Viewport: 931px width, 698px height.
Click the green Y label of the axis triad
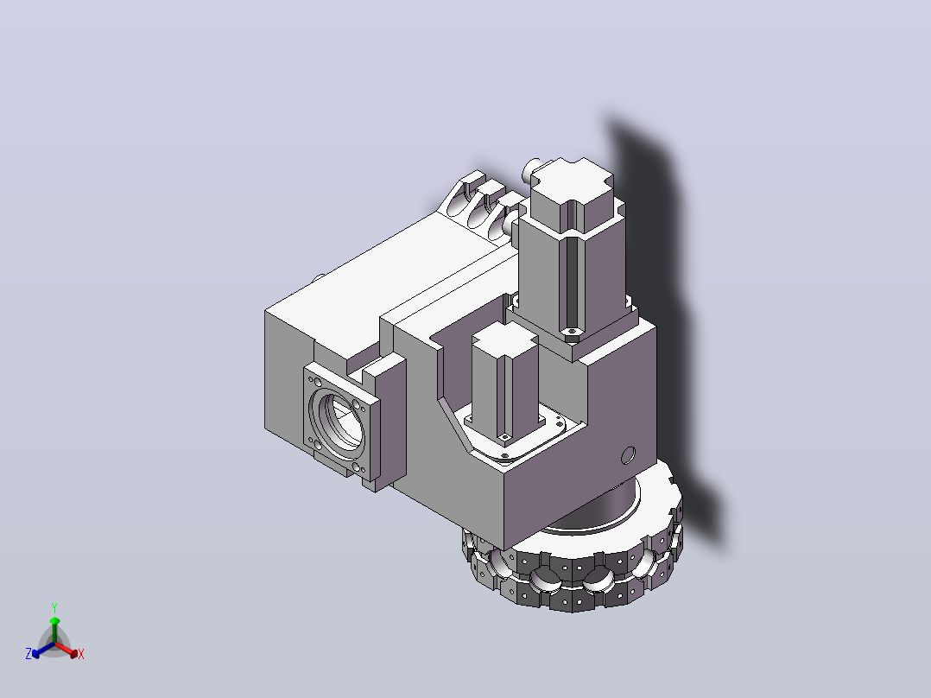pos(54,607)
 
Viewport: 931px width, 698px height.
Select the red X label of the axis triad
pos(81,654)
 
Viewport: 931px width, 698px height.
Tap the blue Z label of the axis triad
pos(28,654)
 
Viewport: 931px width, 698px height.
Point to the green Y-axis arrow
pos(54,630)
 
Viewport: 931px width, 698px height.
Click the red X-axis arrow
pos(66,650)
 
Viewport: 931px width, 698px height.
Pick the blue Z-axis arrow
pos(43,650)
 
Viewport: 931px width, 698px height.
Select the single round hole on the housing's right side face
pos(628,455)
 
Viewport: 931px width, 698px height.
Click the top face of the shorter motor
pos(504,339)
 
